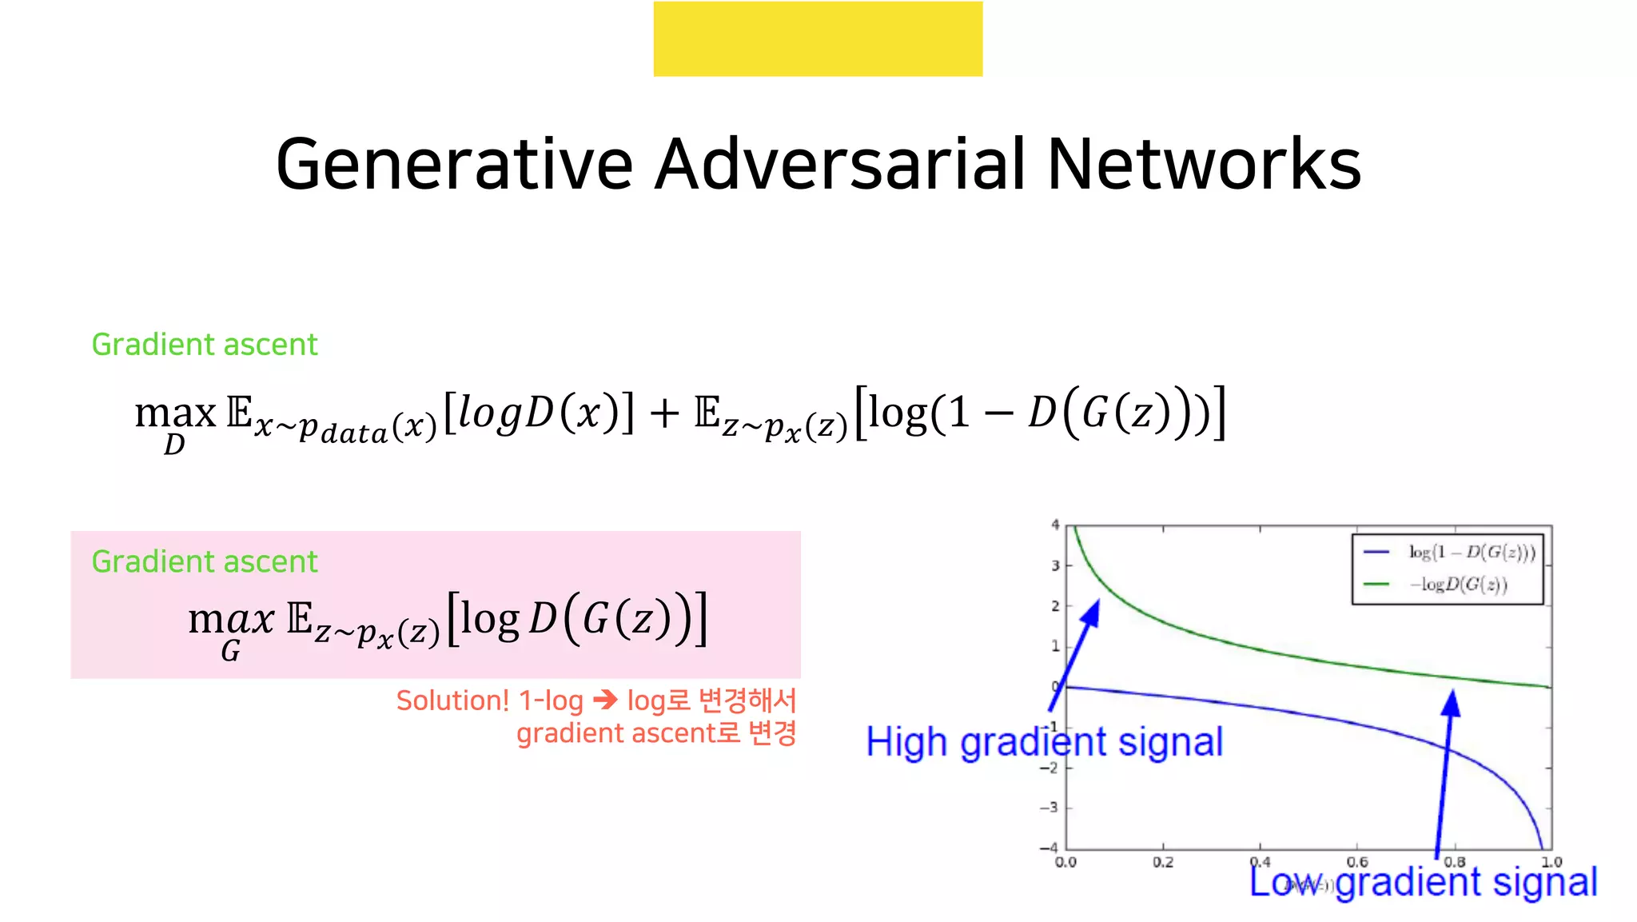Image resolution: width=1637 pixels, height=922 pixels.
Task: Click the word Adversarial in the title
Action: (x=839, y=165)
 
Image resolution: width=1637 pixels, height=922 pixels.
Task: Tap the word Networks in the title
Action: (x=1204, y=165)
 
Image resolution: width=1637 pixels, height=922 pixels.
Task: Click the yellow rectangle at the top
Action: (x=818, y=38)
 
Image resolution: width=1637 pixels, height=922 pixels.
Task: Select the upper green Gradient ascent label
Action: (x=205, y=345)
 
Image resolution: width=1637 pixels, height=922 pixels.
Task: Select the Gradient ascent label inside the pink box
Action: (x=205, y=562)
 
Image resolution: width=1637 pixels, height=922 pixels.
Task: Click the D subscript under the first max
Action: (x=174, y=445)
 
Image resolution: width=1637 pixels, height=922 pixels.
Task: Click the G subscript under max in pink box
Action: (x=230, y=652)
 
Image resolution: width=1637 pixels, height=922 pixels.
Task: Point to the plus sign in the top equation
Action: (x=663, y=414)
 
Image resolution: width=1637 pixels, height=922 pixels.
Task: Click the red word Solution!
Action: (x=452, y=700)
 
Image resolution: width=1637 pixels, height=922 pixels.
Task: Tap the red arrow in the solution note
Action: (x=606, y=700)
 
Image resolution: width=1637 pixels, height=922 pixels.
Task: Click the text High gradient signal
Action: (x=1044, y=742)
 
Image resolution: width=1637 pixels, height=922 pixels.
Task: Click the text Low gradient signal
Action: (x=1423, y=882)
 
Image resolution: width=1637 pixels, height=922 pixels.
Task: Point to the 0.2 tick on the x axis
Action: (x=1163, y=862)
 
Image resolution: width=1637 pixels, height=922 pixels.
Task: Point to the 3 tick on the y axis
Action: (x=1055, y=565)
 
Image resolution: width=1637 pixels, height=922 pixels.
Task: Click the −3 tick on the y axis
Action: (x=1049, y=807)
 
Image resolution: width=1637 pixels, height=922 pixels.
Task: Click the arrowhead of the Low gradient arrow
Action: (x=1451, y=703)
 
